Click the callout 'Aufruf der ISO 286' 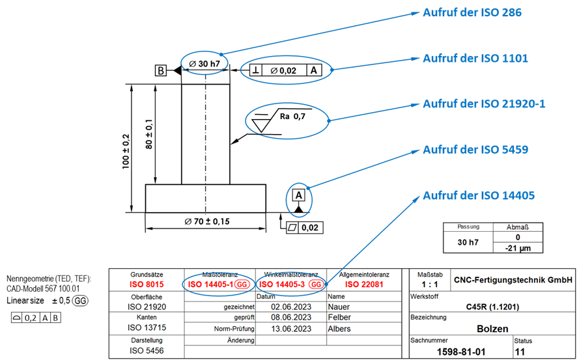point(472,12)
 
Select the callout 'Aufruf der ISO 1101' point(475,58)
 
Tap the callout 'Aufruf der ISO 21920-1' point(484,104)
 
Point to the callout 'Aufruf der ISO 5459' point(475,149)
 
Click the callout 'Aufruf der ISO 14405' point(479,195)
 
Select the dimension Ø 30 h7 point(204,63)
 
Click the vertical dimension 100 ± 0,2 point(126,152)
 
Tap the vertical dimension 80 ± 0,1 point(148,134)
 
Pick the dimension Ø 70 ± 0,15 point(207,221)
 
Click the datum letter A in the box point(299,195)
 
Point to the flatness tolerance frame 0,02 point(305,227)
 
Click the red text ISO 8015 point(147,284)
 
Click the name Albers point(339,329)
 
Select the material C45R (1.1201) point(492,307)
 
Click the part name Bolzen point(492,329)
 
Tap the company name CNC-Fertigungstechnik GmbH point(513,279)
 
